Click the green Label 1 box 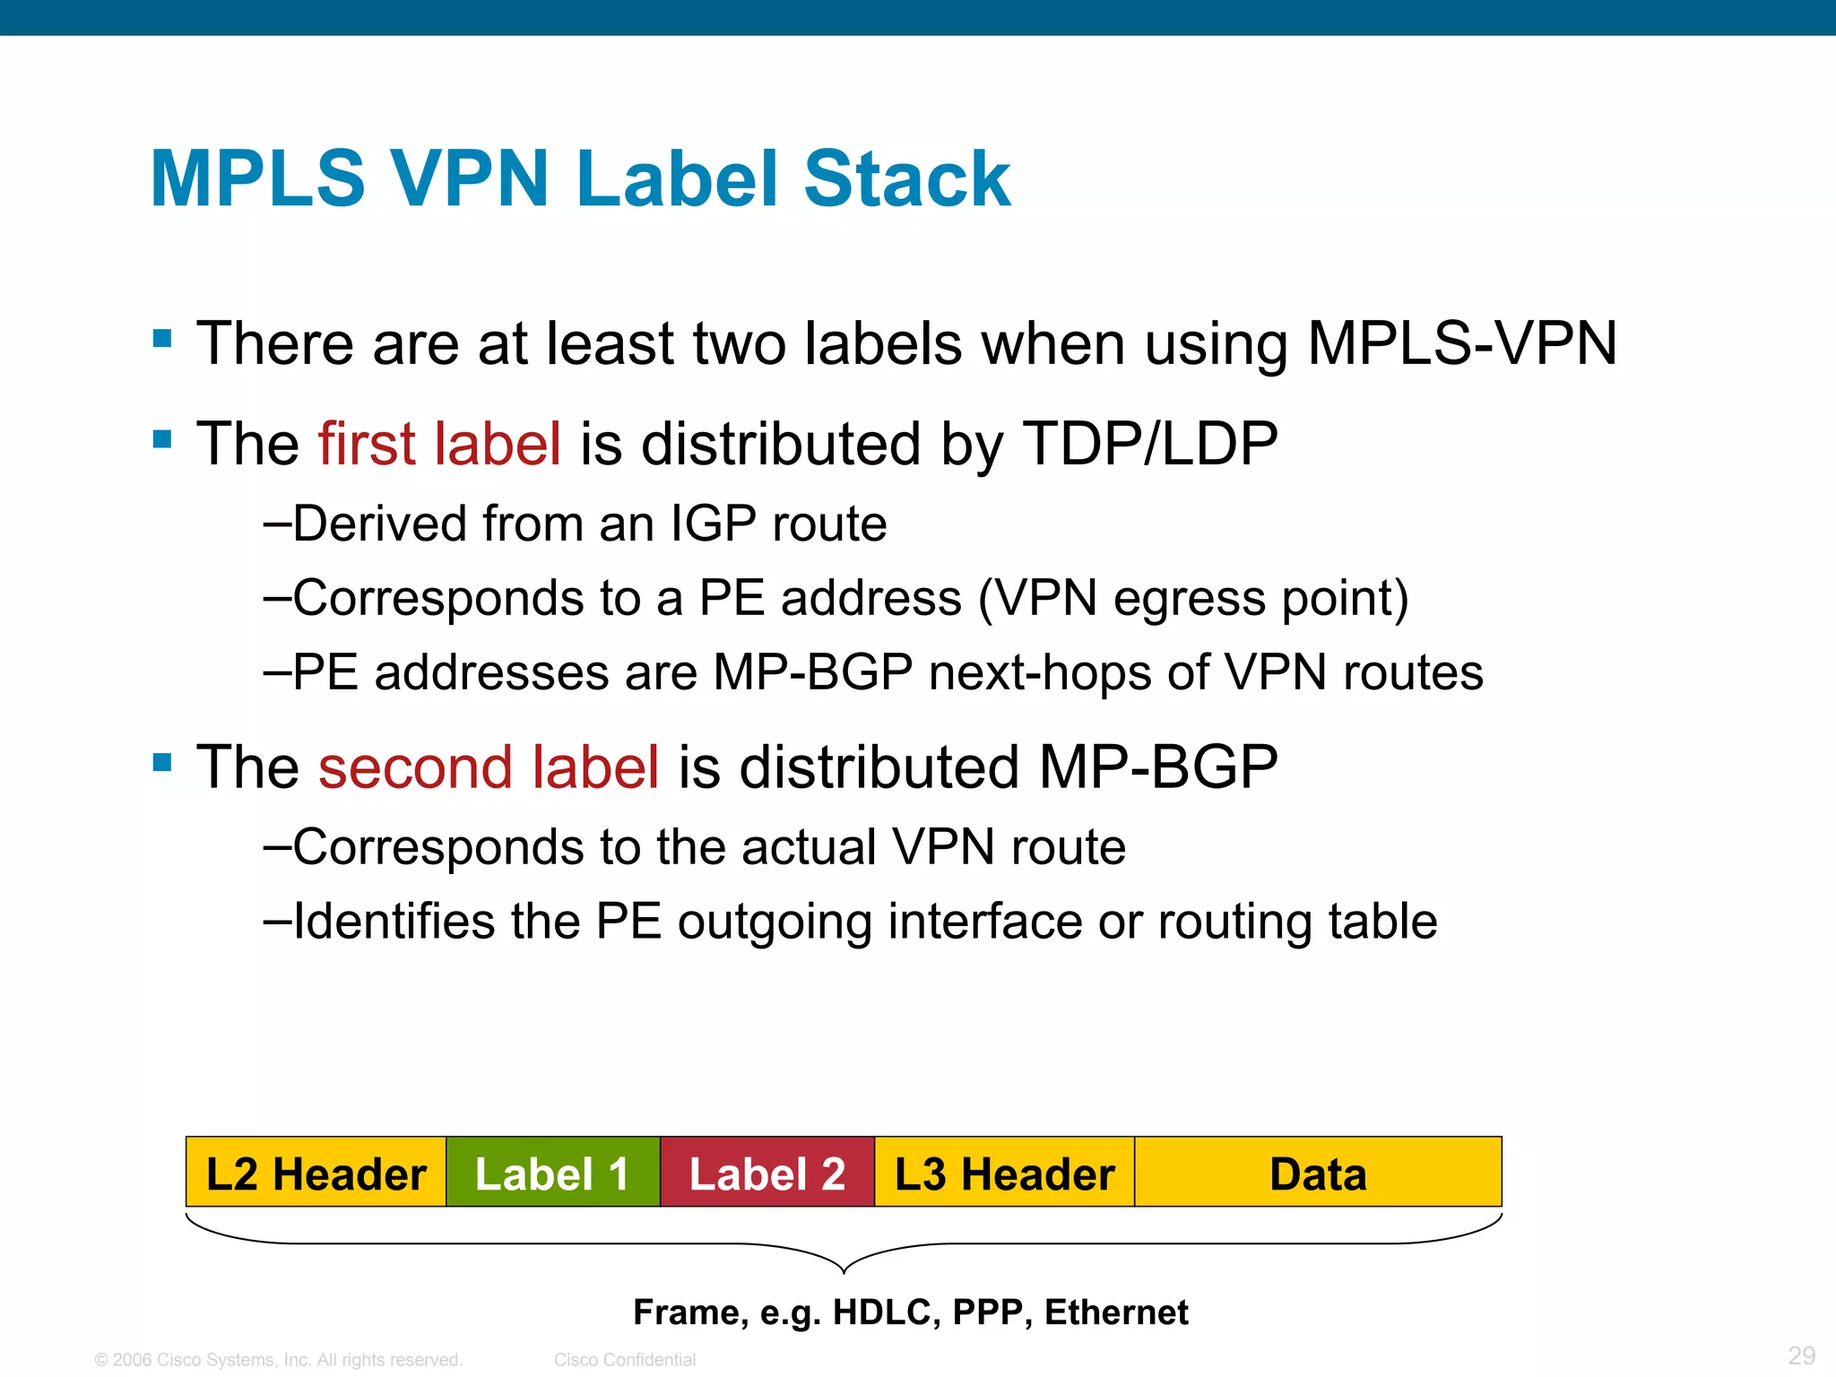tap(552, 1173)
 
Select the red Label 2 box tap(766, 1173)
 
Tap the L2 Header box tap(316, 1173)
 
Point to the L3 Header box tap(1004, 1173)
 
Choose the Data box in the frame tap(1318, 1173)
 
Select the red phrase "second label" tap(489, 767)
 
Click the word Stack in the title tap(906, 178)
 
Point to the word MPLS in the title tap(258, 178)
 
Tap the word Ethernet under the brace tap(1116, 1312)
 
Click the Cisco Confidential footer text tap(625, 1359)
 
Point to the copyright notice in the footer tap(278, 1359)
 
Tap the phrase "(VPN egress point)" tap(1193, 598)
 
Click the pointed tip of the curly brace tap(844, 1271)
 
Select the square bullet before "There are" tap(162, 339)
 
